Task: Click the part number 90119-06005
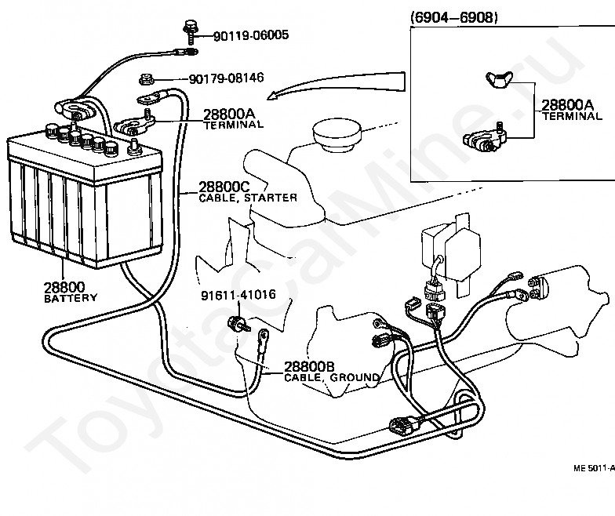251,35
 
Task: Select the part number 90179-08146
227,78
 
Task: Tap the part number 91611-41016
238,295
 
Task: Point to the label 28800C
224,187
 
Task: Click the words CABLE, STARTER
248,198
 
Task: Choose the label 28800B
309,367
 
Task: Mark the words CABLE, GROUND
332,378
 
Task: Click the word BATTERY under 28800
71,298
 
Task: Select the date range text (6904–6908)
453,17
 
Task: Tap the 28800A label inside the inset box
568,105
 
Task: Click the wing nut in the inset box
500,80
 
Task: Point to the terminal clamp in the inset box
485,138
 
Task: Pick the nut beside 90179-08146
146,80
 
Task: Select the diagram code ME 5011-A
594,468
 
